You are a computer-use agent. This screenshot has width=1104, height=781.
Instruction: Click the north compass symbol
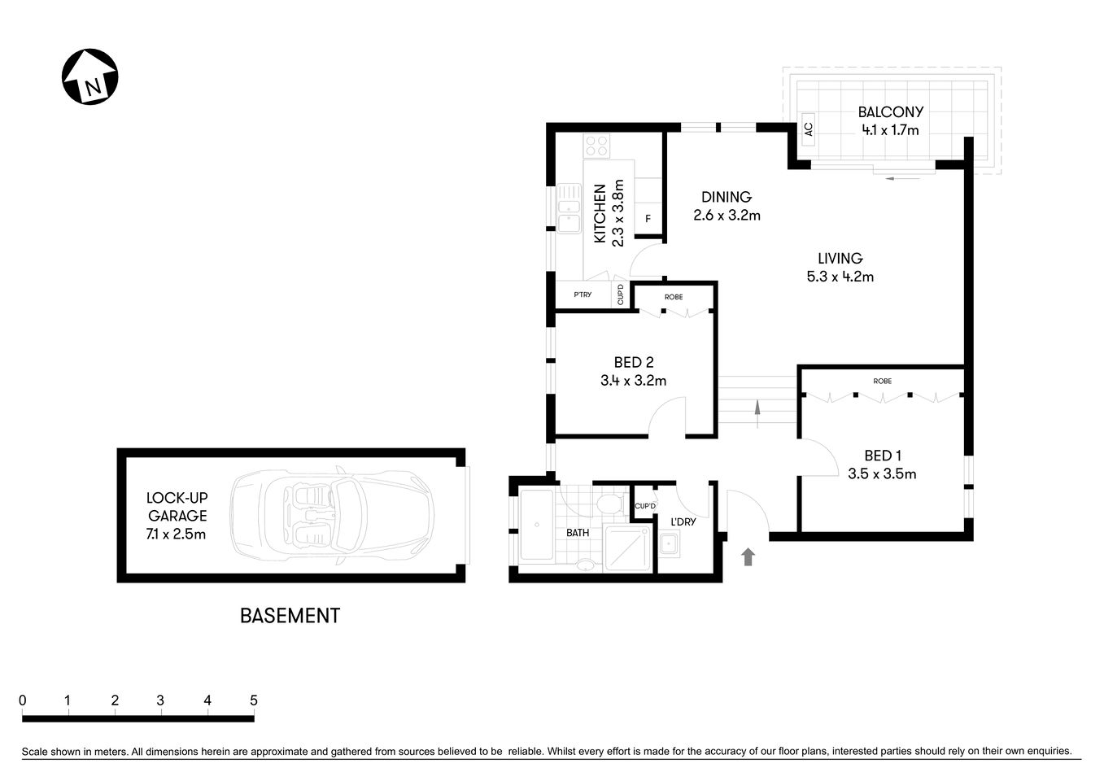pyautogui.click(x=90, y=77)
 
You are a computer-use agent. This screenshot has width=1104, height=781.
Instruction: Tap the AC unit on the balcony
pyautogui.click(x=808, y=129)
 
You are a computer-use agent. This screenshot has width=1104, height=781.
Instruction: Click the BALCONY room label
pyautogui.click(x=890, y=112)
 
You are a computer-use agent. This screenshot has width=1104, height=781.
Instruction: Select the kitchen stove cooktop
pyautogui.click(x=597, y=146)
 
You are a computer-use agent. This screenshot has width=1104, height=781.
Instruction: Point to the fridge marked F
pyautogui.click(x=648, y=219)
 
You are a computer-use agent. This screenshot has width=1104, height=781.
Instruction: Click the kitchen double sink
pyautogui.click(x=569, y=209)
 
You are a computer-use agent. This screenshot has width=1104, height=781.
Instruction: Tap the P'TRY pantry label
pyautogui.click(x=583, y=295)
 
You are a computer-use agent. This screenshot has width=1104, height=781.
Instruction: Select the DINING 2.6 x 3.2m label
pyautogui.click(x=727, y=206)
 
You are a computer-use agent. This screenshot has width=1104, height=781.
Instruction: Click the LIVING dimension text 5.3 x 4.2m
pyautogui.click(x=840, y=277)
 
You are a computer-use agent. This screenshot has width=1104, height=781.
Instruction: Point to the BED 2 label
pyautogui.click(x=633, y=363)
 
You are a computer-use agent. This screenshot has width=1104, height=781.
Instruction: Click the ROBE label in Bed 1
pyautogui.click(x=882, y=381)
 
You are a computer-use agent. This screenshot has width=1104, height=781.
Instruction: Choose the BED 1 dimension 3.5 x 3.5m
pyautogui.click(x=882, y=473)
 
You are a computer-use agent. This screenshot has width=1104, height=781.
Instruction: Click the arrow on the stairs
pyautogui.click(x=758, y=412)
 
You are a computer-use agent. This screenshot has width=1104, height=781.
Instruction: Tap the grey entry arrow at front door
pyautogui.click(x=748, y=556)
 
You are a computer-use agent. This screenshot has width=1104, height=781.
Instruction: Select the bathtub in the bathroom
pyautogui.click(x=536, y=525)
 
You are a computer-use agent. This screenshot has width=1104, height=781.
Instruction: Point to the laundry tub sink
pyautogui.click(x=670, y=543)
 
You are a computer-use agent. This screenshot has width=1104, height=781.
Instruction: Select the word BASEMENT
pyautogui.click(x=290, y=616)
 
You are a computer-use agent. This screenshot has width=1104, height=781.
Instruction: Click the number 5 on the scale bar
pyautogui.click(x=254, y=700)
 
